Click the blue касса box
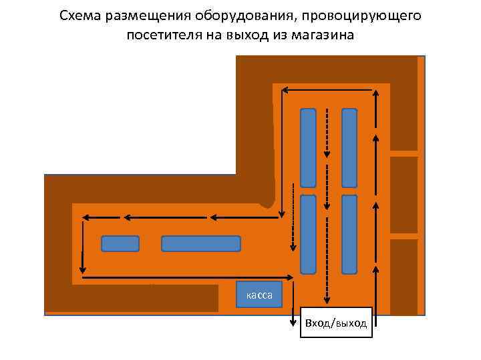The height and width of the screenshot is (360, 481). pos(259,295)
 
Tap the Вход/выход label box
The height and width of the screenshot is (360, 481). pos(335,323)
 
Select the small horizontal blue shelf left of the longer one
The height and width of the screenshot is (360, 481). pos(120,243)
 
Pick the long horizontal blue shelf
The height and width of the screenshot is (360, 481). pos(200,243)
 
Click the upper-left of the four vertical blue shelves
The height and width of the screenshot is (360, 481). pos(308,147)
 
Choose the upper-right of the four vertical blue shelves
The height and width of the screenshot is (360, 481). pos(349,147)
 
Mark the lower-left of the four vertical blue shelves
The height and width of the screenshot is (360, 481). pos(308,234)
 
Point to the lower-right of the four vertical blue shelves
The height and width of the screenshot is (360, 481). pos(349,234)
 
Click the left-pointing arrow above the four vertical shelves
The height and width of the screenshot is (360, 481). pos(327,89)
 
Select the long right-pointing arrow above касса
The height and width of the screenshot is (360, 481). pos(187,277)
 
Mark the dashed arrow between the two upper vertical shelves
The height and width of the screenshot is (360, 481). pos(327,132)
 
